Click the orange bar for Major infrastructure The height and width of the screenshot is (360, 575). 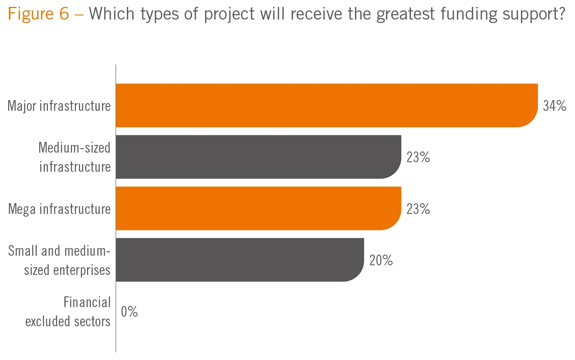click(x=326, y=105)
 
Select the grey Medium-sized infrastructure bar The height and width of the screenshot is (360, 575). click(x=258, y=157)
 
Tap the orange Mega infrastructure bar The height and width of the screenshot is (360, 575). click(x=258, y=209)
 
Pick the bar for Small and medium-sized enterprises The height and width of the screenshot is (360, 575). click(x=240, y=260)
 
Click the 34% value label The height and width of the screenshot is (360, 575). click(x=554, y=106)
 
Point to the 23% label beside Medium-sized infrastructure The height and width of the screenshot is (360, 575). click(x=418, y=157)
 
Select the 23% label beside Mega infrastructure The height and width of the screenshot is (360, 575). click(x=418, y=209)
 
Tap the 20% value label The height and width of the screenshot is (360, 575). click(x=381, y=260)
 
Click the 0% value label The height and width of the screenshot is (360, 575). click(x=129, y=312)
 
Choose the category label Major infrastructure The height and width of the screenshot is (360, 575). click(x=59, y=106)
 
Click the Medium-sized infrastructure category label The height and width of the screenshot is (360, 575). click(x=75, y=157)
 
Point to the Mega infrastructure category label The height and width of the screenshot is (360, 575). click(x=59, y=209)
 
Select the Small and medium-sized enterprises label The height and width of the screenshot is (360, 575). click(x=59, y=260)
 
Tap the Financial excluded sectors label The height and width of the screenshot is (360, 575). click(x=68, y=312)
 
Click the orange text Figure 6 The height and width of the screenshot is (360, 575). click(x=38, y=14)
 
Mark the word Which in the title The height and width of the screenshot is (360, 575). click(x=112, y=14)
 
